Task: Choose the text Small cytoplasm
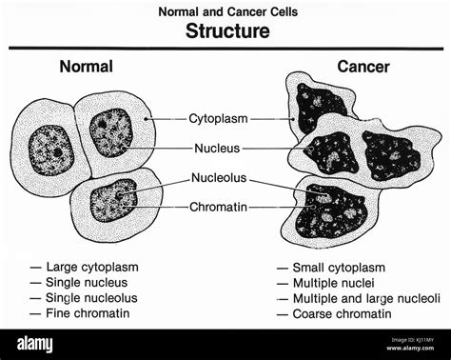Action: (x=338, y=268)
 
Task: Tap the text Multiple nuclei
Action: (x=334, y=283)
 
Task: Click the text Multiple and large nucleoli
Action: (x=365, y=298)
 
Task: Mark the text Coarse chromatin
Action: (x=340, y=313)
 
